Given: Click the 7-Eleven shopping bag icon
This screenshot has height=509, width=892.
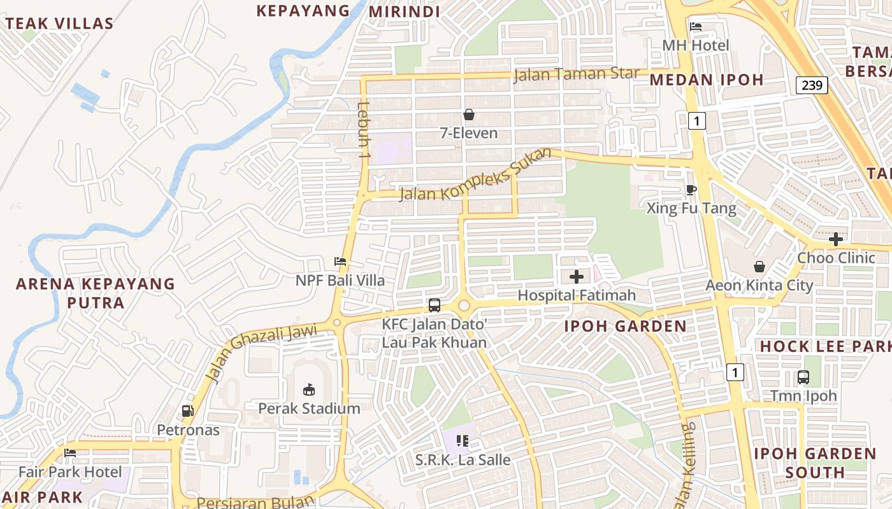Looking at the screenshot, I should click(469, 115).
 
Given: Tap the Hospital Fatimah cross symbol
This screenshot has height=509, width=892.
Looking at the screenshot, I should click(577, 277).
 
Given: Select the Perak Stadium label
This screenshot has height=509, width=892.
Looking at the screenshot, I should click(309, 408).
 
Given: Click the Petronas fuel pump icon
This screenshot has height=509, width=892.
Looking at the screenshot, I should click(187, 411).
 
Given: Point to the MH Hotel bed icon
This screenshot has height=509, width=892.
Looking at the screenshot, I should click(696, 27).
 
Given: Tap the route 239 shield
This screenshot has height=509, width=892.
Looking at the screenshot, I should click(812, 85).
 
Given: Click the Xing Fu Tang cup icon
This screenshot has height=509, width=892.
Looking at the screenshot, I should click(691, 190).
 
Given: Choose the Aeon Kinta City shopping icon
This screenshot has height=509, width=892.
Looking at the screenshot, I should click(759, 267).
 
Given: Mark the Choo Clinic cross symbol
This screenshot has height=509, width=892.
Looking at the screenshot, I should click(836, 239).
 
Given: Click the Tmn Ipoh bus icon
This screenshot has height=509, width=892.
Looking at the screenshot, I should click(803, 377).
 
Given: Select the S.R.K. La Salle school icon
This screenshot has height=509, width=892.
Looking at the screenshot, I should click(463, 440).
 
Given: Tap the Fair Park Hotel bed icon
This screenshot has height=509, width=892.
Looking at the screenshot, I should click(70, 453).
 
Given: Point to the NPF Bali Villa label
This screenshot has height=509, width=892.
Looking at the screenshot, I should click(340, 281).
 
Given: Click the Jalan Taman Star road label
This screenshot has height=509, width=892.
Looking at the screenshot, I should click(576, 74).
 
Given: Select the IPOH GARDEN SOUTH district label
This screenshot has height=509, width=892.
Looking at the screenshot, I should click(815, 463).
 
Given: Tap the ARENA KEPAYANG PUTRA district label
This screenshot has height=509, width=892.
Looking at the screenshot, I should click(96, 293).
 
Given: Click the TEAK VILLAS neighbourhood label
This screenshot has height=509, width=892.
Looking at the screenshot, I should click(59, 24).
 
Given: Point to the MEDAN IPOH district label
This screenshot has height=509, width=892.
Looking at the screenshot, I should click(706, 80).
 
